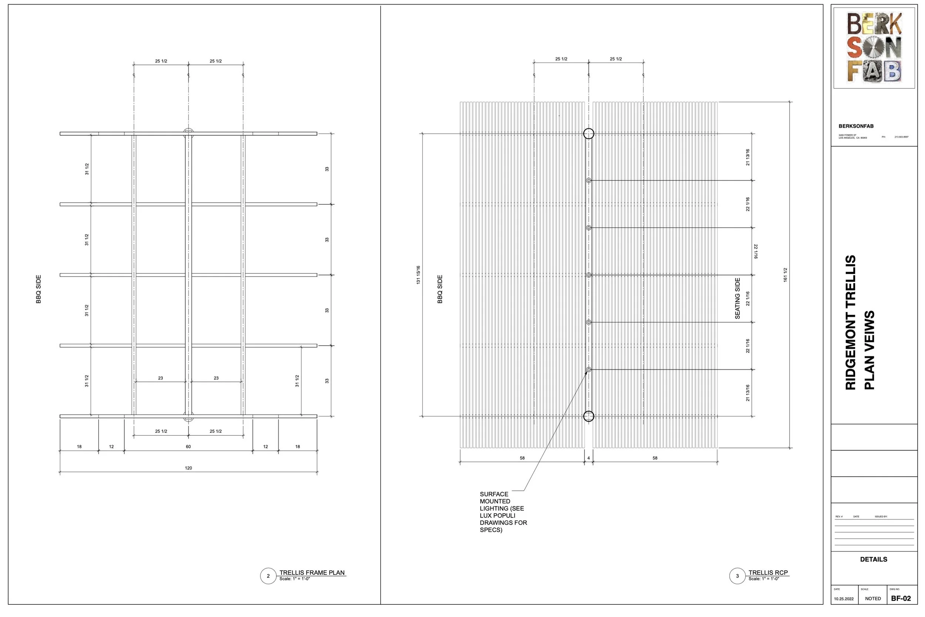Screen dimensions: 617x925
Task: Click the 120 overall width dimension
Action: point(188,468)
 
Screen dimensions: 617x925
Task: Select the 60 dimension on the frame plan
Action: point(188,447)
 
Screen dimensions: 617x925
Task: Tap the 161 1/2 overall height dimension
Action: point(785,275)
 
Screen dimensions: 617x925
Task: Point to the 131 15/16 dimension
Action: point(418,275)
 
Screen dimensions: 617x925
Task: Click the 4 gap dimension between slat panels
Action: point(588,458)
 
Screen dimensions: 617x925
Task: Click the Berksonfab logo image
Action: point(874,47)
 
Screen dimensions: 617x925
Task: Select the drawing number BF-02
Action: point(901,598)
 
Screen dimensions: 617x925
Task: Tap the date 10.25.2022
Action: point(844,599)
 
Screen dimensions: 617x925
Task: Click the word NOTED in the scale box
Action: point(873,598)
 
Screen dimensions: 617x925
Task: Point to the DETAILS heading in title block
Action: point(874,559)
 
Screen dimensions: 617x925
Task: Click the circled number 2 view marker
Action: point(268,576)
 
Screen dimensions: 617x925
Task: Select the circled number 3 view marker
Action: point(737,576)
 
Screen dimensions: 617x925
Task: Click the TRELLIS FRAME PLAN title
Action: point(312,573)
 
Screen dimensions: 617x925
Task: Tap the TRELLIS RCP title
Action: point(768,573)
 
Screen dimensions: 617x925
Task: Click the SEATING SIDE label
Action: point(737,298)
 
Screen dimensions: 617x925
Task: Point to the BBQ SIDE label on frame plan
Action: point(38,289)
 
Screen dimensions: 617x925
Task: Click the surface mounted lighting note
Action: point(502,512)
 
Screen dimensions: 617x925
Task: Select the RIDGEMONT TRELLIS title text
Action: point(851,322)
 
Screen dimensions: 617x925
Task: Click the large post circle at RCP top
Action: point(588,134)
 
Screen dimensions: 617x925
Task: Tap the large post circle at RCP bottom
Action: point(588,416)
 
